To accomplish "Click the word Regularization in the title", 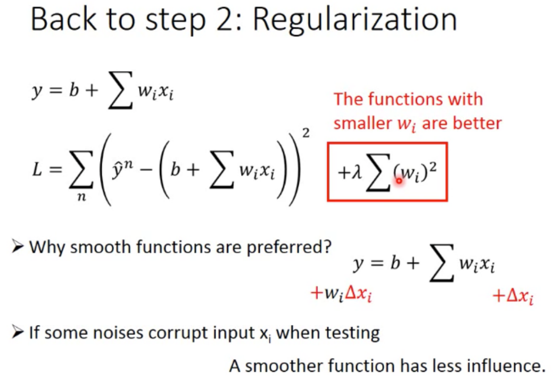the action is click(355, 20).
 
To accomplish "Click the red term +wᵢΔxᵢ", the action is click(341, 295).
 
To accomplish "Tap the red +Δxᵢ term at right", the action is click(513, 297).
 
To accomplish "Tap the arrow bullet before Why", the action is click(18, 247).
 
